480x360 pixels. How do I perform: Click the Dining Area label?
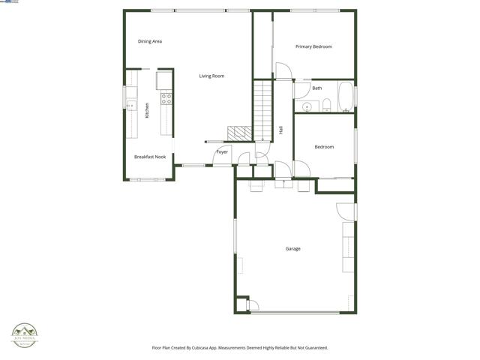click(150, 41)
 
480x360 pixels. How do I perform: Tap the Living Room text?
click(211, 76)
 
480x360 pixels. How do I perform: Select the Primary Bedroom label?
click(313, 46)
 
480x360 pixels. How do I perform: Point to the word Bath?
click(317, 88)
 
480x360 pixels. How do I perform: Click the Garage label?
click(292, 248)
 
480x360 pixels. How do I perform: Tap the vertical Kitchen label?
click(147, 110)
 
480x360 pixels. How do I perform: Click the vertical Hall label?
click(280, 130)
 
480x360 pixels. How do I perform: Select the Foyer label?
click(222, 152)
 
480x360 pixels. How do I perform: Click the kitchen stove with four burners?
click(166, 97)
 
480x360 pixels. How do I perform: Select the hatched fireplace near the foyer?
click(239, 133)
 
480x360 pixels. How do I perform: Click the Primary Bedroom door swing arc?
click(283, 70)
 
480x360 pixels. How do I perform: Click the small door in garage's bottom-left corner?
click(253, 305)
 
